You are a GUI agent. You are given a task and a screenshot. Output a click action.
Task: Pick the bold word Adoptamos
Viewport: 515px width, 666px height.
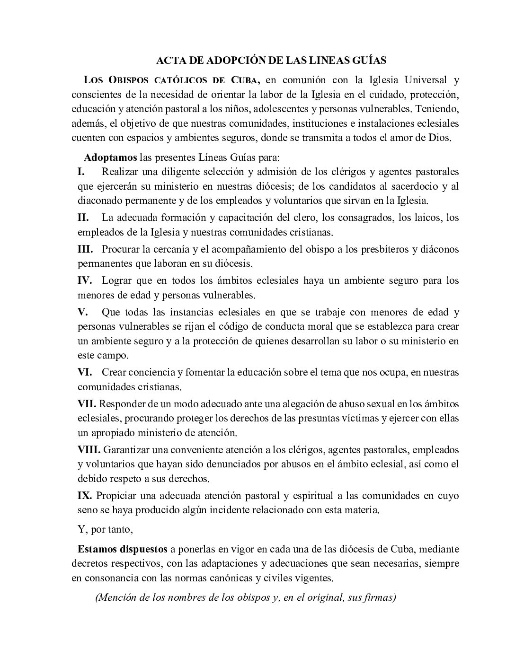pyautogui.click(x=111, y=157)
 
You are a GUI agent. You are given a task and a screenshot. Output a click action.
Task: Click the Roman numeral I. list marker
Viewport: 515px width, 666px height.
pyautogui.click(x=81, y=171)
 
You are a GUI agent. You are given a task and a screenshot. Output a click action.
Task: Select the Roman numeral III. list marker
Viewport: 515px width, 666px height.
pyautogui.click(x=85, y=248)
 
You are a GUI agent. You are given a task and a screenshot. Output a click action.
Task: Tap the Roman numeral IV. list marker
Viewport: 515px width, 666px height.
pyautogui.click(x=85, y=280)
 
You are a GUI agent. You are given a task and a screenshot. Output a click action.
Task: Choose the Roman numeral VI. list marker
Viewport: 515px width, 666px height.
pyautogui.click(x=85, y=372)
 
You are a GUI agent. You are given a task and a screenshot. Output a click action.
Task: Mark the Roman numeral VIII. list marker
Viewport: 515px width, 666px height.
pyautogui.click(x=89, y=449)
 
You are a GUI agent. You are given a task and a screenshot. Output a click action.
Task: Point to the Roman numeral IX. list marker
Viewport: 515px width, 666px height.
pyautogui.click(x=85, y=496)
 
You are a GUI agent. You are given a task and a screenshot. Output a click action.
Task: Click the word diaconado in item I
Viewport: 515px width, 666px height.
pyautogui.click(x=99, y=200)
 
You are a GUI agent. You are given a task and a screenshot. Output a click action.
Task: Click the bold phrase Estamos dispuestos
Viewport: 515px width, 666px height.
pyautogui.click(x=123, y=550)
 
